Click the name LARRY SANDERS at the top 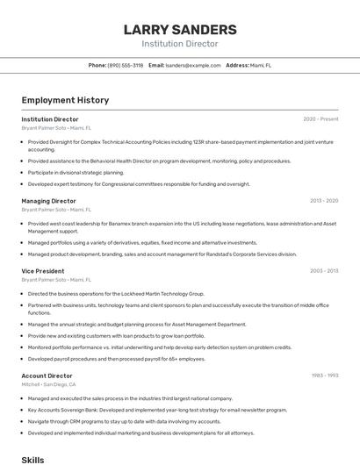pyautogui.click(x=180, y=29)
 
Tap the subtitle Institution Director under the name pyautogui.click(x=180, y=43)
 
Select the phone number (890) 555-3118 pyautogui.click(x=125, y=65)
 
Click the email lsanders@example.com pyautogui.click(x=193, y=65)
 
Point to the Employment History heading pyautogui.click(x=65, y=100)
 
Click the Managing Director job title pyautogui.click(x=48, y=201)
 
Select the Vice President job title pyautogui.click(x=43, y=271)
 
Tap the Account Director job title pyautogui.click(x=47, y=376)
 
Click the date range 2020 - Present pyautogui.click(x=320, y=119)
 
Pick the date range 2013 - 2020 pyautogui.click(x=323, y=201)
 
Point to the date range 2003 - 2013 pyautogui.click(x=323, y=271)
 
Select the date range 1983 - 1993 pyautogui.click(x=324, y=376)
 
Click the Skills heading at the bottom pyautogui.click(x=32, y=459)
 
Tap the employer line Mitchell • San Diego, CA pyautogui.click(x=49, y=384)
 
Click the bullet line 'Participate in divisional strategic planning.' pyautogui.click(x=76, y=173)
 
